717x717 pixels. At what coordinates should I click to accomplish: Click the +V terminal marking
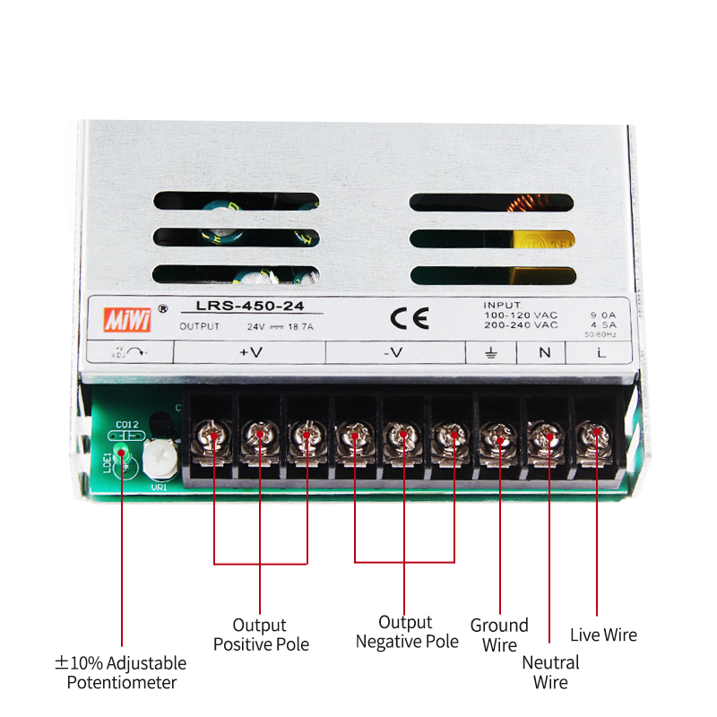251,353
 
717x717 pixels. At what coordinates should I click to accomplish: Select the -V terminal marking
393,353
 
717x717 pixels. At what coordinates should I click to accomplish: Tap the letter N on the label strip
545,352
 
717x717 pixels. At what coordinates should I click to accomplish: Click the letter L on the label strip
600,352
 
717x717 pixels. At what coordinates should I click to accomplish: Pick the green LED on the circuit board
124,456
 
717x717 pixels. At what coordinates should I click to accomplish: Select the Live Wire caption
603,635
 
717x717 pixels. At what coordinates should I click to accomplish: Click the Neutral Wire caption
550,672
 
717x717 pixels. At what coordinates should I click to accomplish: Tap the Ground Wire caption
499,635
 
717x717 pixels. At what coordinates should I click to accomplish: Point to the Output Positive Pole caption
260,635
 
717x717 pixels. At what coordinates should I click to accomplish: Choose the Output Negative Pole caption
406,632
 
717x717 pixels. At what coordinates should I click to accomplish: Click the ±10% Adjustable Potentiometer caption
120,672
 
